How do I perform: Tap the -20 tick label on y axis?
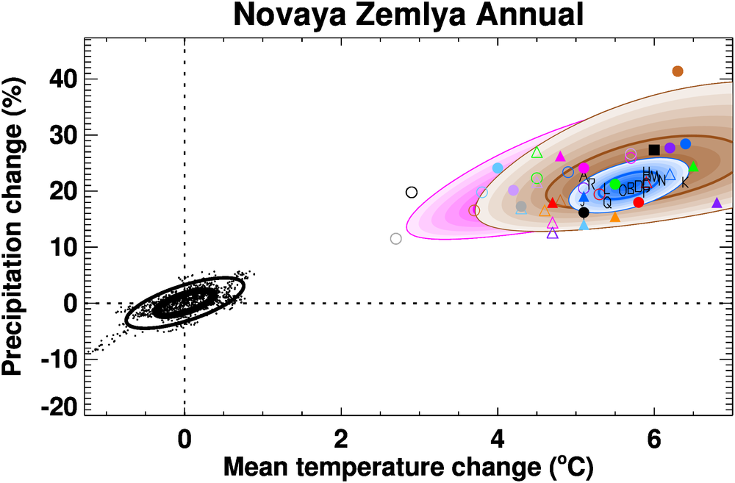coord(60,409)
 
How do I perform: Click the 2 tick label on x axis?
coord(341,435)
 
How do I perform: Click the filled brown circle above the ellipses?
coord(678,71)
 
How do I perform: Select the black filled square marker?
coord(654,150)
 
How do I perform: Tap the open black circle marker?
coord(412,193)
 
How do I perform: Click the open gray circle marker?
coord(396,238)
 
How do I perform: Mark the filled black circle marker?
coord(584,212)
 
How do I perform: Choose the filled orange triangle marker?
coord(615,217)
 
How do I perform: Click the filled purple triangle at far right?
coord(717,202)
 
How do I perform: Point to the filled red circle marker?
coord(638,202)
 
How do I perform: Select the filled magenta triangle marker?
coord(560,157)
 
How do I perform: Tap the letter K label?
coord(684,183)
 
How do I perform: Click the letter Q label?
coord(607,204)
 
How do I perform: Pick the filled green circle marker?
coord(615,185)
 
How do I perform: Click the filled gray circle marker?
coord(521,207)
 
